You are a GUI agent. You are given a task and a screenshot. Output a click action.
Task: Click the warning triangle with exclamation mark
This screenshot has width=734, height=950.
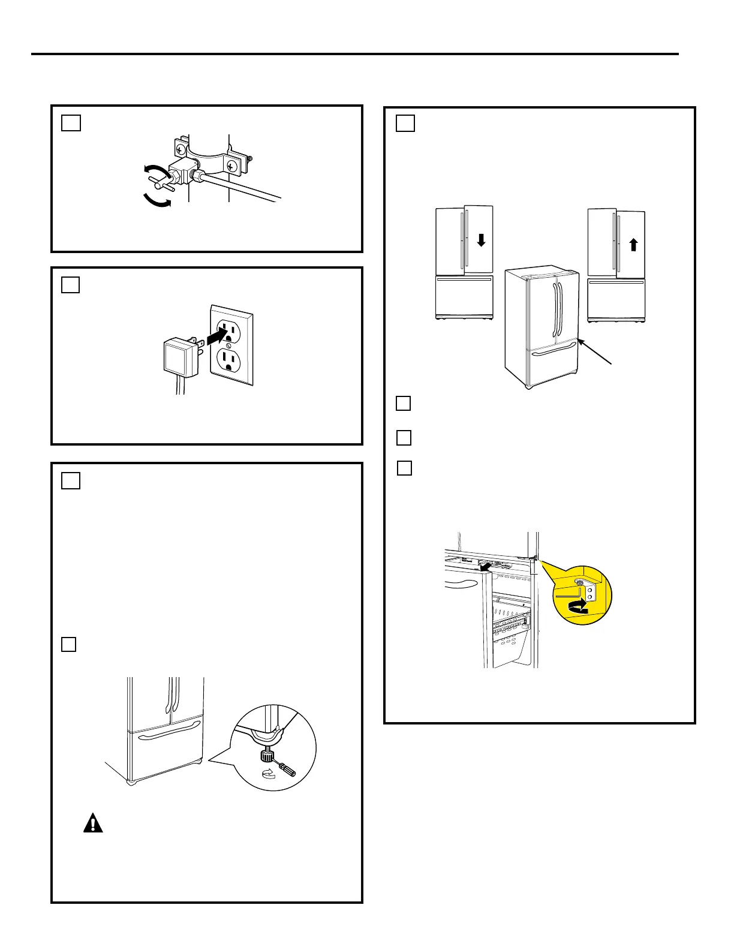point(93,823)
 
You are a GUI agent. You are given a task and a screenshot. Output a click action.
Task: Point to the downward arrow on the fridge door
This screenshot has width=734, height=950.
point(481,240)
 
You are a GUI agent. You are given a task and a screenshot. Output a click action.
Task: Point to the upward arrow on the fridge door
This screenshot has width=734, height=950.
point(633,244)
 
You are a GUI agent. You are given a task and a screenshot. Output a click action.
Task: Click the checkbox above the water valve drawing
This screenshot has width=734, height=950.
point(71,122)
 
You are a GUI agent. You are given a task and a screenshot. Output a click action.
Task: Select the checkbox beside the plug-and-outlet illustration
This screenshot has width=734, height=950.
point(71,284)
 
